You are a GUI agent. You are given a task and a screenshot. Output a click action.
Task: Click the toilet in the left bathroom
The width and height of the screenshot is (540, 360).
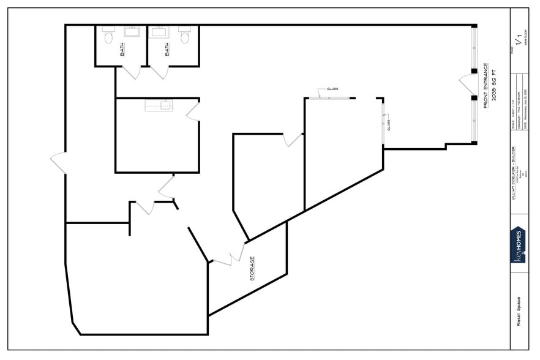click(109, 38)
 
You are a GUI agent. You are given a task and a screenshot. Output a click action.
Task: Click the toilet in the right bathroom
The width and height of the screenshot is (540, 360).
click(184, 38)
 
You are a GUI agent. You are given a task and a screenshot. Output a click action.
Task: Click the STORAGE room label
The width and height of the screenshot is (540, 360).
click(252, 269)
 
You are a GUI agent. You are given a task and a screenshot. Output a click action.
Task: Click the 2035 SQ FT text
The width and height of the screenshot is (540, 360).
click(493, 86)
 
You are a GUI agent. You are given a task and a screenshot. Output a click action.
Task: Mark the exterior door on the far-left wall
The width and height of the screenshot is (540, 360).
click(58, 162)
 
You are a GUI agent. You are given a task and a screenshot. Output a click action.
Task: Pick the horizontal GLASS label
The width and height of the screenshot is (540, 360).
click(332, 89)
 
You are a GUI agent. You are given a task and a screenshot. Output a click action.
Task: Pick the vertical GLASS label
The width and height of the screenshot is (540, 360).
click(389, 125)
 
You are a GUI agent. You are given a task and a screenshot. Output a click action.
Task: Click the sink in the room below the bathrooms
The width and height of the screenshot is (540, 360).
click(157, 105)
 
